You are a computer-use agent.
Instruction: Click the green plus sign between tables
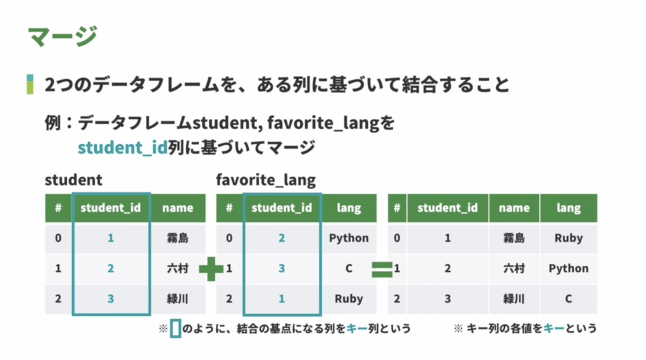[x=211, y=269]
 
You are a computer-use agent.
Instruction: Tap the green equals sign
[x=382, y=270]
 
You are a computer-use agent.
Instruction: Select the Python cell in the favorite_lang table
[x=349, y=238]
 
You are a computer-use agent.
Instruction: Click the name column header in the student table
[x=178, y=208]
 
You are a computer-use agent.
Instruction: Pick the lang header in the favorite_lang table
[x=349, y=208]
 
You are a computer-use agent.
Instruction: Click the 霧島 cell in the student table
[x=178, y=238]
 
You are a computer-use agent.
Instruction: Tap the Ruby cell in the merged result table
[x=568, y=238]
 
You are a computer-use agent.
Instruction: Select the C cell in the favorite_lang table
[x=349, y=269]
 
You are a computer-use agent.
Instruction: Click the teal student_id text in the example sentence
[x=123, y=148]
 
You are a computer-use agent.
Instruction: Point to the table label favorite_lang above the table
[x=265, y=180]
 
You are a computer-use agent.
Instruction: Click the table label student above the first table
[x=74, y=180]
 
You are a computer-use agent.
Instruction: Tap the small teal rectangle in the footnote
[x=175, y=328]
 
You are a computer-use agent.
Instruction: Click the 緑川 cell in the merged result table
[x=514, y=299]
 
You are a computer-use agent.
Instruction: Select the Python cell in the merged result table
[x=568, y=269]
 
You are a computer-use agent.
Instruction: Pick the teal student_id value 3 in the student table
[x=111, y=299]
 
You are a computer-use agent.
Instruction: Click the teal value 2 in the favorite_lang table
[x=282, y=238]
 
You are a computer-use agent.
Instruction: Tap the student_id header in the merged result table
[x=447, y=208]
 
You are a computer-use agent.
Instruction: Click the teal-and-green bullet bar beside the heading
[x=30, y=84]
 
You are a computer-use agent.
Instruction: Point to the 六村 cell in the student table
[x=178, y=269]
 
